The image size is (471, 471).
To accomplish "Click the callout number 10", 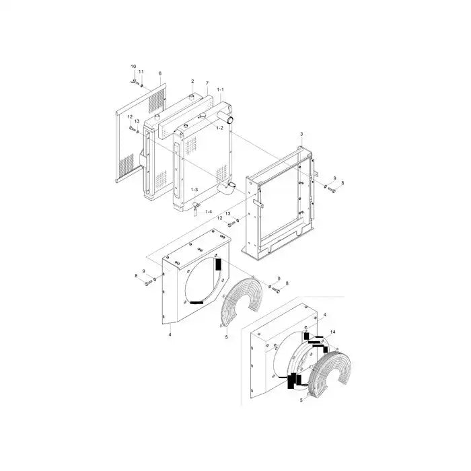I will [133, 67].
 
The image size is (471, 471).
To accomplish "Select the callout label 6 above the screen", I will [159, 73].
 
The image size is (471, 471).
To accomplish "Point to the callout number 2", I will [192, 81].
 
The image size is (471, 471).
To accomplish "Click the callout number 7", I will [207, 83].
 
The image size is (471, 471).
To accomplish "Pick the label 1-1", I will [220, 89].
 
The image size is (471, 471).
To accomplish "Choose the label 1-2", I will [219, 127].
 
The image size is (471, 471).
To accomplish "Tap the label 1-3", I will [194, 190].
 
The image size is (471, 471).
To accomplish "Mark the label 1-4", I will [209, 212].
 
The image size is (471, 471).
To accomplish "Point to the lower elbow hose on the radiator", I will [227, 188].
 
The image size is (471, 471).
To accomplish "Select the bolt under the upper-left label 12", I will [131, 126].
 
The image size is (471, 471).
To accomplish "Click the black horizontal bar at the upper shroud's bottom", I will [196, 303].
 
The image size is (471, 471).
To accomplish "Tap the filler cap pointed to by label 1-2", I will [201, 119].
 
